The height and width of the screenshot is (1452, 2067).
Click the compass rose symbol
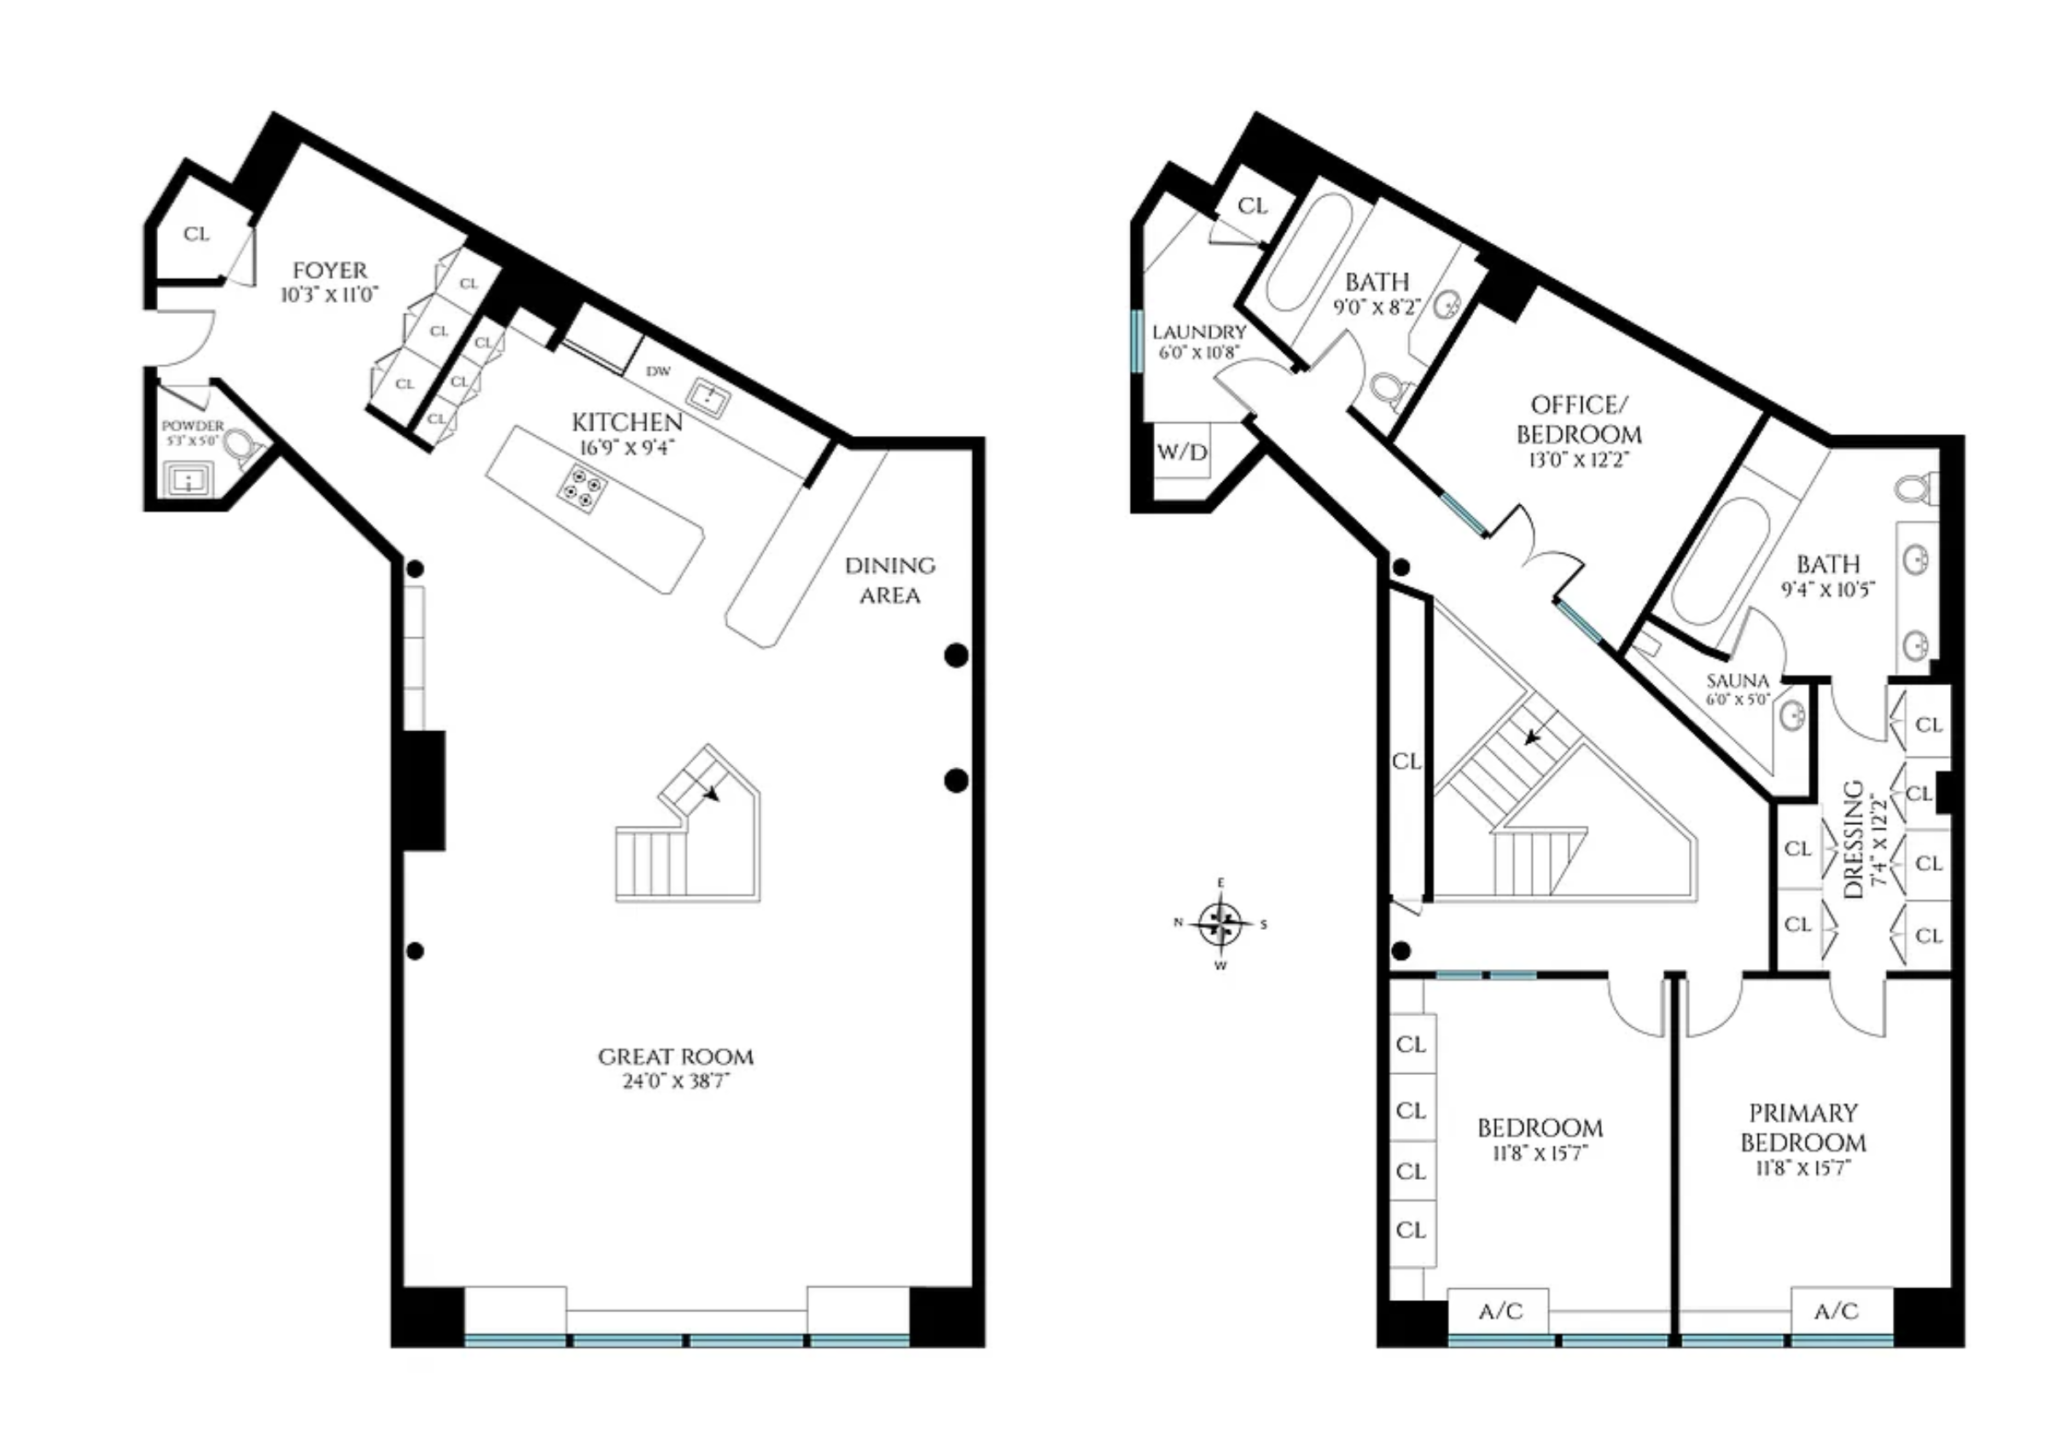(1220, 924)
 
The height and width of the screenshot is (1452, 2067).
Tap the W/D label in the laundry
(1182, 452)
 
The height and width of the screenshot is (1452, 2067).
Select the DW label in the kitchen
(658, 371)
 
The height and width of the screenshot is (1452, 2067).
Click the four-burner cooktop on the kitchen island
(580, 488)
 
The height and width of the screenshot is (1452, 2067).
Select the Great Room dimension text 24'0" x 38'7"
(675, 1080)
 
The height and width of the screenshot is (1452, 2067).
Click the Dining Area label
(889, 581)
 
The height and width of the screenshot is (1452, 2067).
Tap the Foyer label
(330, 270)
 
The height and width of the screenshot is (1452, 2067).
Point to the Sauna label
(1738, 681)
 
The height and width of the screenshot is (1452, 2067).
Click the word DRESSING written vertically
(1853, 839)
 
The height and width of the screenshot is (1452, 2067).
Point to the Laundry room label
(1199, 332)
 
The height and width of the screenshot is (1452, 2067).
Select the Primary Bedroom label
(1802, 1128)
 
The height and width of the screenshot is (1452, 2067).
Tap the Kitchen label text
(627, 422)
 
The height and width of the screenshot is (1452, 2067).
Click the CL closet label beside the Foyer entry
(196, 234)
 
